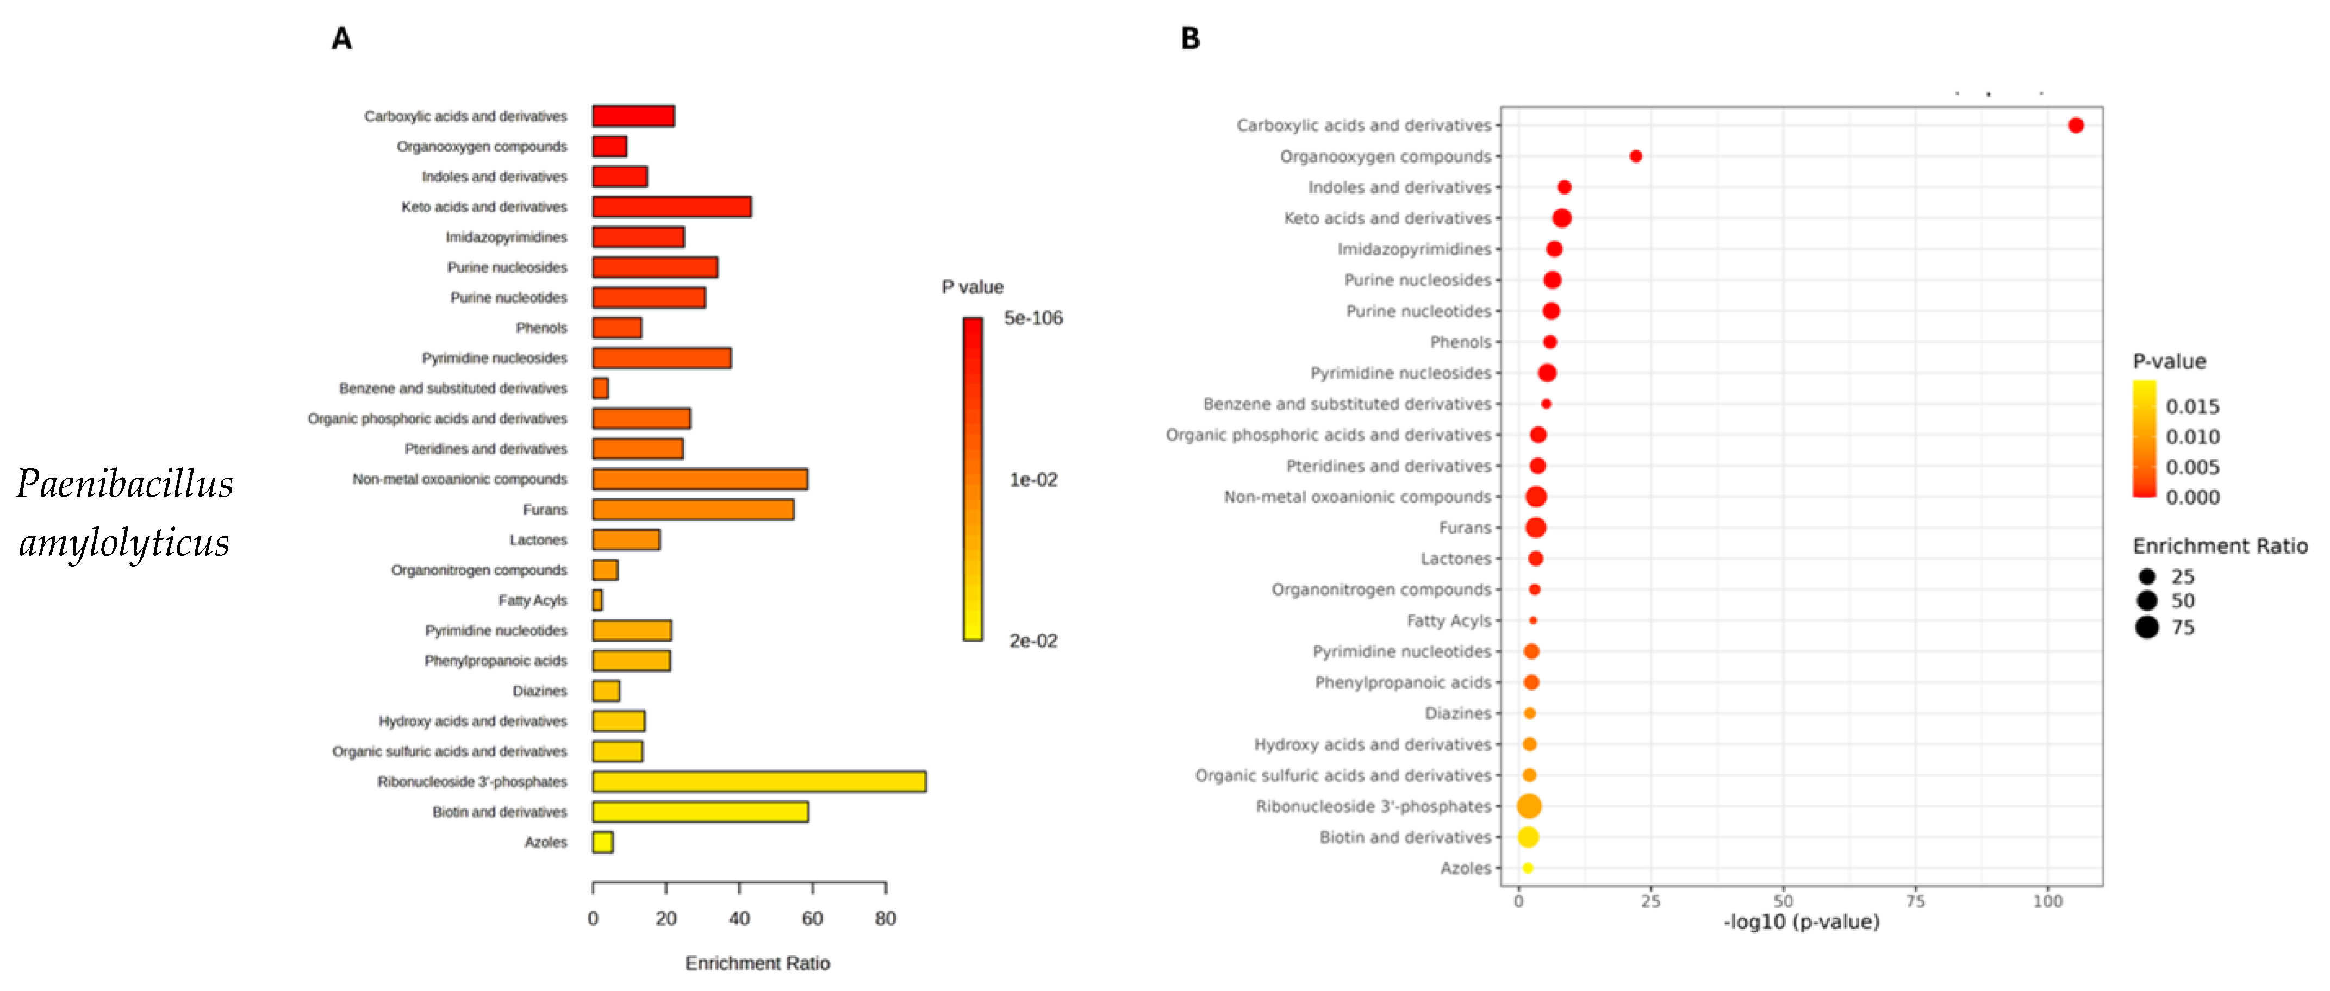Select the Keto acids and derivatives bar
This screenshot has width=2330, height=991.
[x=671, y=207]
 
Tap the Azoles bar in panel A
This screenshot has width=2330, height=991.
[x=602, y=842]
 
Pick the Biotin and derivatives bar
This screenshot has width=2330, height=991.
[x=700, y=812]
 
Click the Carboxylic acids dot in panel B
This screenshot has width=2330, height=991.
[x=2075, y=126]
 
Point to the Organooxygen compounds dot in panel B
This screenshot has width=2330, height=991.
[x=1635, y=156]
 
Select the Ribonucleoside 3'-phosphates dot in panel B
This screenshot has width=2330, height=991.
[x=1529, y=806]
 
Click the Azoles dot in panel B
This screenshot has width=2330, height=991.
[x=1528, y=868]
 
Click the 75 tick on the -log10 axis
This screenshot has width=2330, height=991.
[x=1915, y=901]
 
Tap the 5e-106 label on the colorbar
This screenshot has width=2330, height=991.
[x=1033, y=318]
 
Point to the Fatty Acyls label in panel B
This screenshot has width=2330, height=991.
[x=1448, y=621]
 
